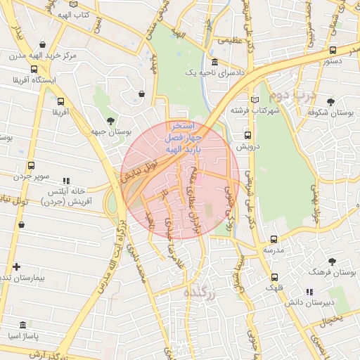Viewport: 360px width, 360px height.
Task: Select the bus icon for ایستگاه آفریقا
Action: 34,69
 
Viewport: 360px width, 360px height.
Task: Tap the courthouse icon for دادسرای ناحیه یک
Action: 214,63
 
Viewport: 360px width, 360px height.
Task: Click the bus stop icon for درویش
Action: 247,135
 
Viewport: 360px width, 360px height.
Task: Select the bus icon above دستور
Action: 333,50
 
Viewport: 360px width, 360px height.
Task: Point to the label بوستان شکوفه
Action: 332,112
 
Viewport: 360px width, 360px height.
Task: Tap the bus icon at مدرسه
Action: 274,239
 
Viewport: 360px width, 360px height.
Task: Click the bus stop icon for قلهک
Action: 274,276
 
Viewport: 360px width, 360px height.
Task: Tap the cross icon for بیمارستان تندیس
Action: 16,267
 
